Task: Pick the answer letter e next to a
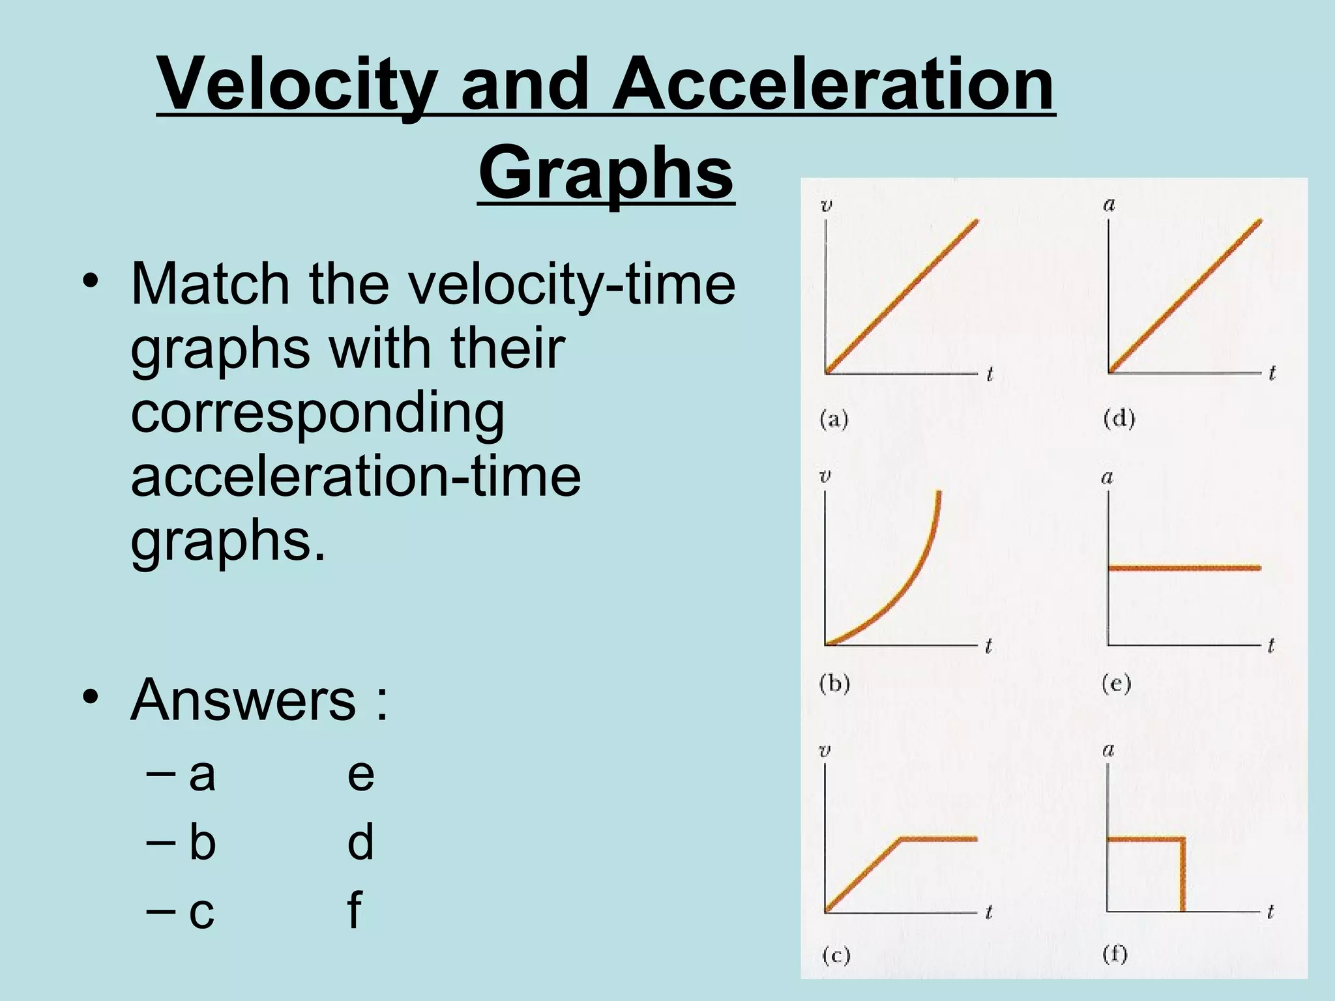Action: (x=360, y=774)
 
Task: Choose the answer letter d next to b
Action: (x=360, y=841)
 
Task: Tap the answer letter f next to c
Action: (x=354, y=910)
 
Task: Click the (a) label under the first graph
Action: (x=834, y=420)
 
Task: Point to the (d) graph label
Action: (x=1119, y=418)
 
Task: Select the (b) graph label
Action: (x=834, y=684)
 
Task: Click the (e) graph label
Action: (x=1117, y=684)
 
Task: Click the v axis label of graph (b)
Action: (x=825, y=477)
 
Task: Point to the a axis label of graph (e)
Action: (x=1108, y=478)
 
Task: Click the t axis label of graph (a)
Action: (x=990, y=375)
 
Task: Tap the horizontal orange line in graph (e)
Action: (x=1184, y=568)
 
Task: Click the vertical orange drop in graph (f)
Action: (x=1182, y=877)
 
